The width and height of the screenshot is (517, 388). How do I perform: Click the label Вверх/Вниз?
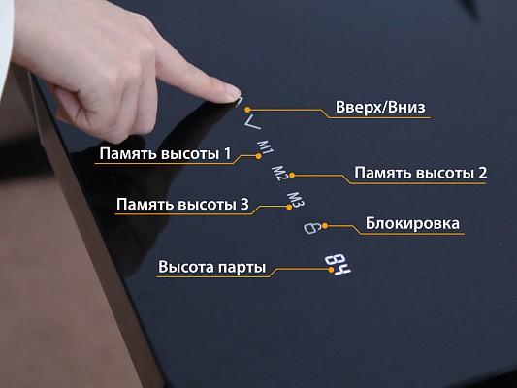click(x=380, y=107)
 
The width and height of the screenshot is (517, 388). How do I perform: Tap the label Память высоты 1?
click(x=165, y=153)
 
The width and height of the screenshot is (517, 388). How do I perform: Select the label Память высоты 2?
click(x=420, y=173)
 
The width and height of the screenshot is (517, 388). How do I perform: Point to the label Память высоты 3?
click(x=182, y=204)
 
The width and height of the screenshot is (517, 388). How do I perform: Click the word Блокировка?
click(x=412, y=223)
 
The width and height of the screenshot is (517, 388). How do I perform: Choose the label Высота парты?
click(x=211, y=267)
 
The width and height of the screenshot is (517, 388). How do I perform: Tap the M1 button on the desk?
click(x=265, y=147)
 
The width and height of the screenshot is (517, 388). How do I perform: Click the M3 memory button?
click(x=296, y=200)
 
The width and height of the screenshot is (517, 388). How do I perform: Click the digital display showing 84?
click(x=338, y=265)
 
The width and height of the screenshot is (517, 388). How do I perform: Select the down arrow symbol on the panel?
click(x=252, y=122)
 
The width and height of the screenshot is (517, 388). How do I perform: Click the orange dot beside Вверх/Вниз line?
click(x=247, y=110)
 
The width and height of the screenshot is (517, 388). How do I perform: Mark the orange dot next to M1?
click(x=258, y=156)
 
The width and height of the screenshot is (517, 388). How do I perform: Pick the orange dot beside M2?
click(x=292, y=176)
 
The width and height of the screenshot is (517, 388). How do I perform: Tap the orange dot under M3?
click(x=289, y=207)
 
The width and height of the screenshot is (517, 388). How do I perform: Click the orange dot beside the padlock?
click(x=325, y=226)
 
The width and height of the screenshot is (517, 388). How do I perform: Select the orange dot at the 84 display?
click(x=331, y=270)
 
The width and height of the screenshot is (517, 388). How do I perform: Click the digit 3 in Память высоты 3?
click(x=244, y=205)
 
